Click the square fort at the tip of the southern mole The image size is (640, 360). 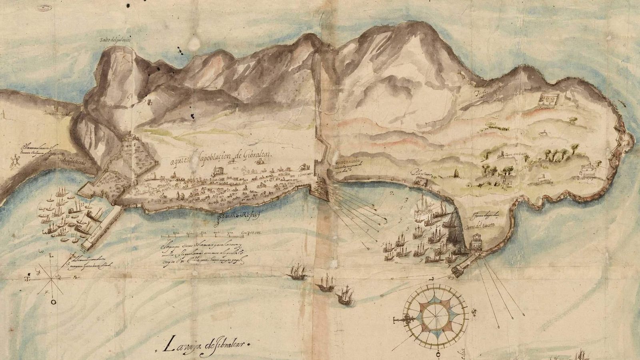tap(457, 270)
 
